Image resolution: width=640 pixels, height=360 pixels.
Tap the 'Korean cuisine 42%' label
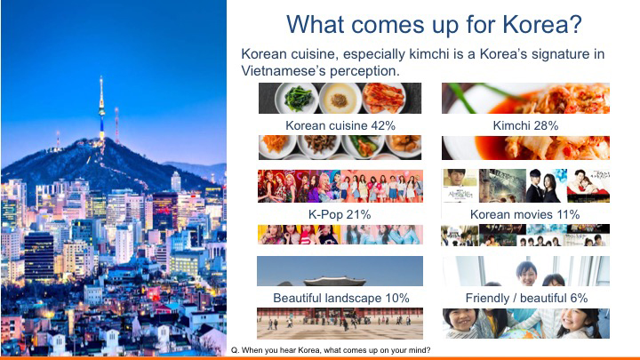point(339,125)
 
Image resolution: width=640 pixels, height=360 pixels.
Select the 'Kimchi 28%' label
point(525,125)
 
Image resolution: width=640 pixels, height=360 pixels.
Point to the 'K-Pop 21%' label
point(339,214)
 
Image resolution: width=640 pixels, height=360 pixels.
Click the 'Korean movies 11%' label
point(525,214)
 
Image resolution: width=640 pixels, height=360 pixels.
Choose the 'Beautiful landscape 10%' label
point(339,298)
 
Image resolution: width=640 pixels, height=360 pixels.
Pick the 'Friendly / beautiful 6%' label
point(525,298)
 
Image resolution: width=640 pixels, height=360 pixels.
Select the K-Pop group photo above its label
point(339,187)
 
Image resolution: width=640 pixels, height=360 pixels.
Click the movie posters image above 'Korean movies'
point(525,187)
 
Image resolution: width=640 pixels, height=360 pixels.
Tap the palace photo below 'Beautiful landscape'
point(339,323)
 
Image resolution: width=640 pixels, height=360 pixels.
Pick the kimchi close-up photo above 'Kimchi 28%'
point(525,98)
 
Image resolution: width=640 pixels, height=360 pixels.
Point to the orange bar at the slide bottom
point(320,357)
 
